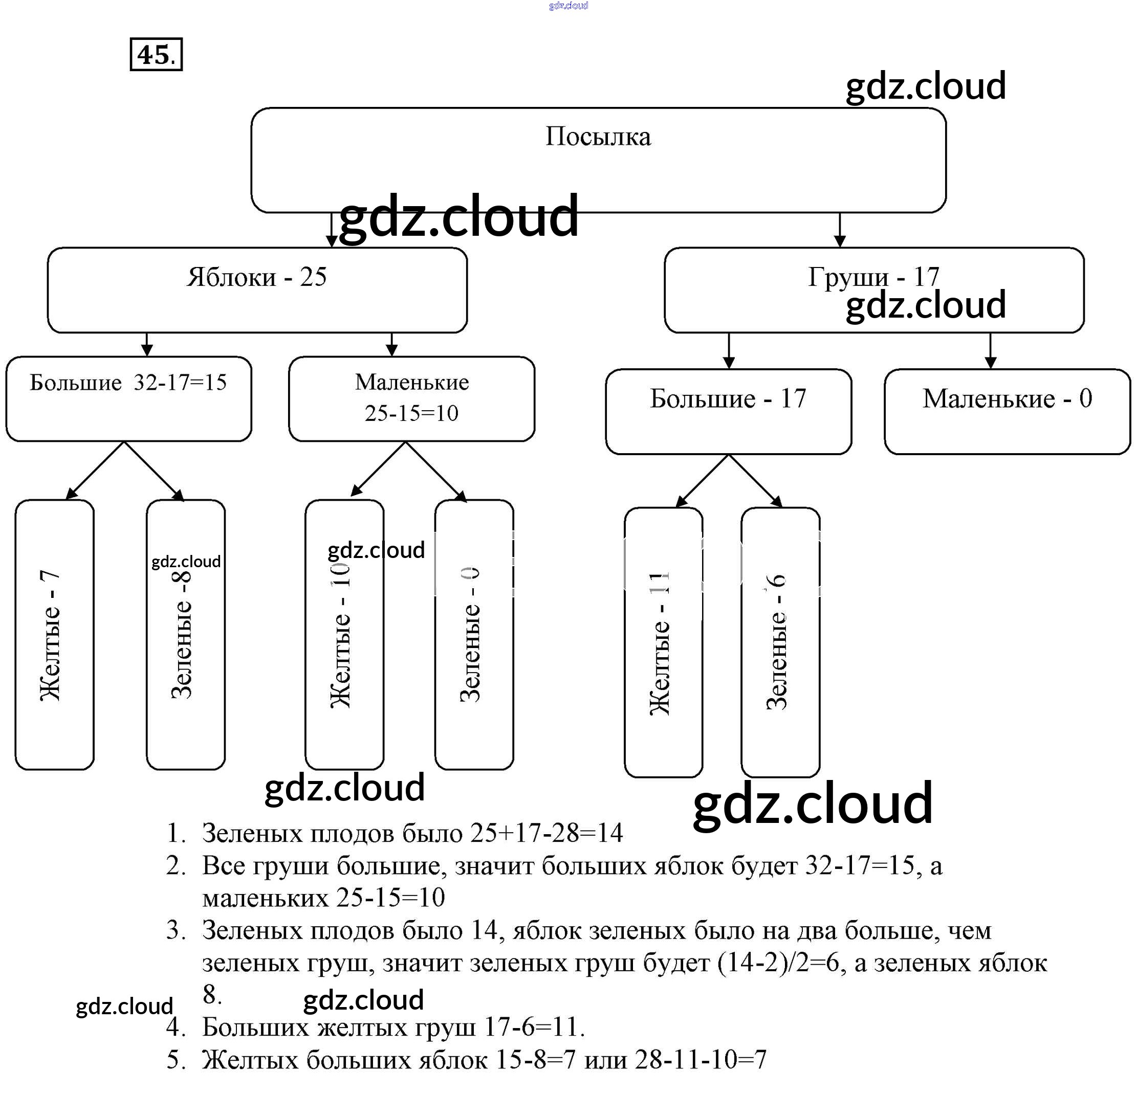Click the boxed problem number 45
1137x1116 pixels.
(156, 55)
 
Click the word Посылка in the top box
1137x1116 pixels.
(598, 137)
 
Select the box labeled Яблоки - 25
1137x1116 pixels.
(257, 289)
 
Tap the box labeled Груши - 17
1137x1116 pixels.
(873, 289)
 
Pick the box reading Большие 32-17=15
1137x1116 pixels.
(128, 398)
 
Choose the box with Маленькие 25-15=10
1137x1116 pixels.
(411, 398)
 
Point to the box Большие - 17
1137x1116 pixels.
(728, 411)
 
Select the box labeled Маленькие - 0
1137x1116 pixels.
(1007, 411)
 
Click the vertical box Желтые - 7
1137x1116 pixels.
(55, 634)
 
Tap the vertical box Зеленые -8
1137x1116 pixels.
(185, 634)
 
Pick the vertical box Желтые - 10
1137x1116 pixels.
(344, 634)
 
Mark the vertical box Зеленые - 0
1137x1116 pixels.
(474, 634)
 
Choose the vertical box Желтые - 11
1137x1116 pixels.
(663, 642)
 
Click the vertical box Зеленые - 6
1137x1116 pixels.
(780, 642)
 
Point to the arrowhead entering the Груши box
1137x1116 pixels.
(840, 241)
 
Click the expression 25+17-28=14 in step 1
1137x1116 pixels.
(546, 833)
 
